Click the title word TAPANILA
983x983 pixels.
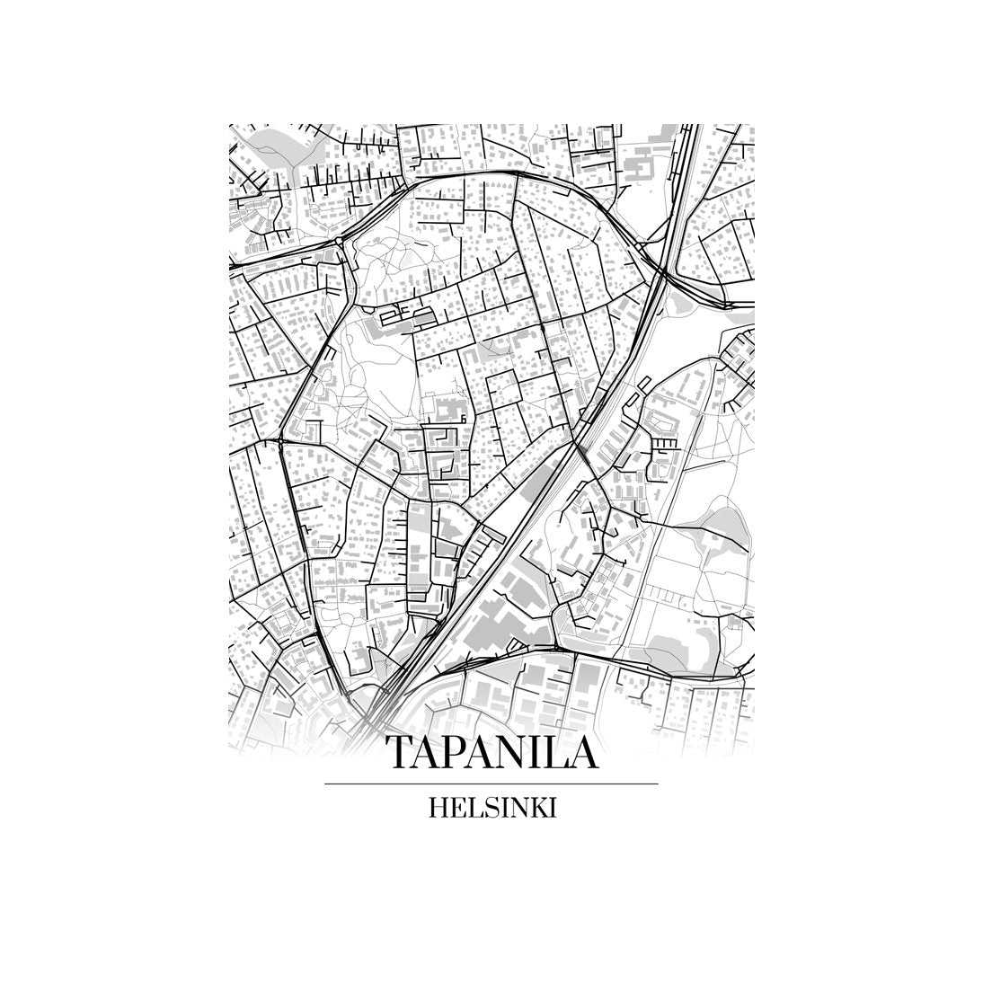[491, 753]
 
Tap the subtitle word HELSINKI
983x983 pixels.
[492, 808]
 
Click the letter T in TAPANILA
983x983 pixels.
[399, 753]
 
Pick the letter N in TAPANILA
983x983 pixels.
[514, 753]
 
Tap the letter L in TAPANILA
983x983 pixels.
[563, 753]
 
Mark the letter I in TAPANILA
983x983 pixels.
[542, 753]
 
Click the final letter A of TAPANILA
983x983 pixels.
[585, 753]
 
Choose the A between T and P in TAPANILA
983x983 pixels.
[427, 753]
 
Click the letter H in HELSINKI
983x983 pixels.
[439, 808]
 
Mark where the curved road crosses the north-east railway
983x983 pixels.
[665, 270]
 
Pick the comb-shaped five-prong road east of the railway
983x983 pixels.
[667, 444]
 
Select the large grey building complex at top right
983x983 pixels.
[642, 166]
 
